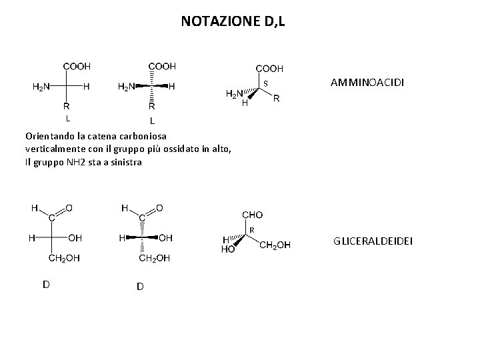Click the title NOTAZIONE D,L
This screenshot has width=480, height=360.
[233, 21]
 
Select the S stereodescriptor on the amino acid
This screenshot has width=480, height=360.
[265, 83]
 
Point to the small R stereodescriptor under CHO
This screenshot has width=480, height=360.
[253, 230]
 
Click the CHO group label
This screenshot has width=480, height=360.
[252, 215]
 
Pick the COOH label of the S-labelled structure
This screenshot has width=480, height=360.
[270, 68]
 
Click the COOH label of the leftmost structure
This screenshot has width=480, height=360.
[77, 66]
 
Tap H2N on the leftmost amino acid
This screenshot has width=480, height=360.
[41, 86]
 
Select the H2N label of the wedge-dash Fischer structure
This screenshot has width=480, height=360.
[126, 86]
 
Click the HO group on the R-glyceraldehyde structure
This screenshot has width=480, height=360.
[228, 249]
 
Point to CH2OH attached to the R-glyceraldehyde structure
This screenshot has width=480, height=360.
[275, 245]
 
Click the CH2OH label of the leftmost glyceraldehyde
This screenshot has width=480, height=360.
[64, 258]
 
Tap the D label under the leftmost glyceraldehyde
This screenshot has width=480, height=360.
[46, 284]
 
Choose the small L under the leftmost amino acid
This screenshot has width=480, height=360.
[67, 119]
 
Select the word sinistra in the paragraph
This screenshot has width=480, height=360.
[125, 161]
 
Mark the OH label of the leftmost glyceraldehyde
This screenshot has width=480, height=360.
[75, 237]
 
